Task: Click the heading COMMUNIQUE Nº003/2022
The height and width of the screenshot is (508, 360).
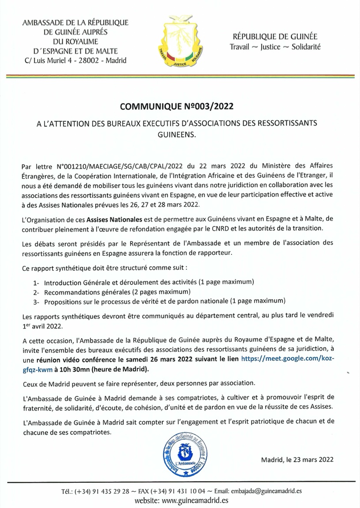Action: point(180,106)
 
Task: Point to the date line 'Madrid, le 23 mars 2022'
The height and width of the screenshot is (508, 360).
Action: point(297,459)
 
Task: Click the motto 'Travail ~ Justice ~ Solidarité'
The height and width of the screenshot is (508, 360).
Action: point(275,46)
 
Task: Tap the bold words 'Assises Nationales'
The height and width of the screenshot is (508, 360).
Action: point(114,219)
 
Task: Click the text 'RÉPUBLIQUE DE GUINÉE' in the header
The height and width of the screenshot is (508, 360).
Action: point(275,37)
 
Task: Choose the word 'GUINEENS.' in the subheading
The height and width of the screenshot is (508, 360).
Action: point(180,132)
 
